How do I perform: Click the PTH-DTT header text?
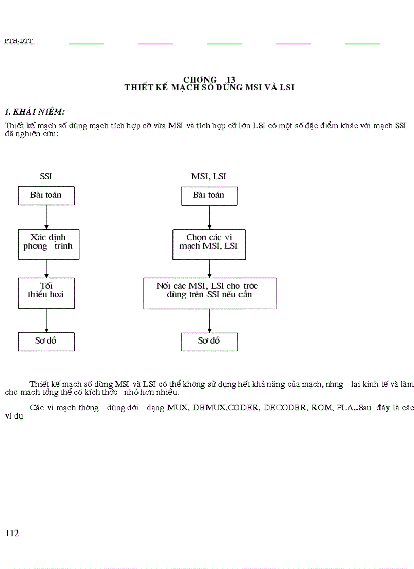tap(18, 41)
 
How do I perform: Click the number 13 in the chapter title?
tap(231, 79)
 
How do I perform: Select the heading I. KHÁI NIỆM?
tap(34, 111)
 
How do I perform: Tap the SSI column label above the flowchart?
tap(46, 176)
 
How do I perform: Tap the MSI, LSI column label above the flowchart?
tap(209, 176)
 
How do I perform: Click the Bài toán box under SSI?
tap(46, 196)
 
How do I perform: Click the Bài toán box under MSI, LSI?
tap(209, 196)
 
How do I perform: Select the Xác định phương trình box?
tap(48, 244)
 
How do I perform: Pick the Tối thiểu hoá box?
tap(46, 292)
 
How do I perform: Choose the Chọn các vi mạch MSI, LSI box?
tap(209, 244)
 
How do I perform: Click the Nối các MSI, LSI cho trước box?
tap(210, 292)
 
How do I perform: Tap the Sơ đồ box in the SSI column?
tap(46, 341)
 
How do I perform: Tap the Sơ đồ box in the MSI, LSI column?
tap(209, 341)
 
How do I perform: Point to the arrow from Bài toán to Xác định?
tap(46, 217)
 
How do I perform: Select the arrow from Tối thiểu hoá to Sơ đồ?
tap(46, 320)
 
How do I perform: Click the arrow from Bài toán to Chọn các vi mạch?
tap(209, 217)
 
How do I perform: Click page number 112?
tap(12, 533)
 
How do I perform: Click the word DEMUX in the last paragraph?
tap(206, 408)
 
